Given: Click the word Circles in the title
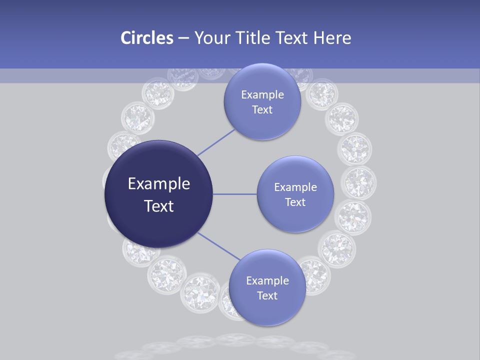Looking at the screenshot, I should pos(147,38).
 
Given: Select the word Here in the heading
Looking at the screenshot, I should pos(332,38).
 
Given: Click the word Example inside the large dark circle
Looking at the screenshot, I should pos(159,184).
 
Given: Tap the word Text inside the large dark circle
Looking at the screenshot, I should pos(159,206).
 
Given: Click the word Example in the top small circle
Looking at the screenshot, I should pos(262,95).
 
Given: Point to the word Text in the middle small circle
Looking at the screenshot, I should pos(295,202).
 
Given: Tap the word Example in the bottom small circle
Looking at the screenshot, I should pos(267,280).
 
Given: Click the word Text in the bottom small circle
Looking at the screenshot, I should pos(267,295).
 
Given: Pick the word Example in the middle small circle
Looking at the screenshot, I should pos(295,187).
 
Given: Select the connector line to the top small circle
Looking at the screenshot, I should pos(216,142).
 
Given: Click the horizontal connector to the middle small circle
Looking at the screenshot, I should pos(235,194).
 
